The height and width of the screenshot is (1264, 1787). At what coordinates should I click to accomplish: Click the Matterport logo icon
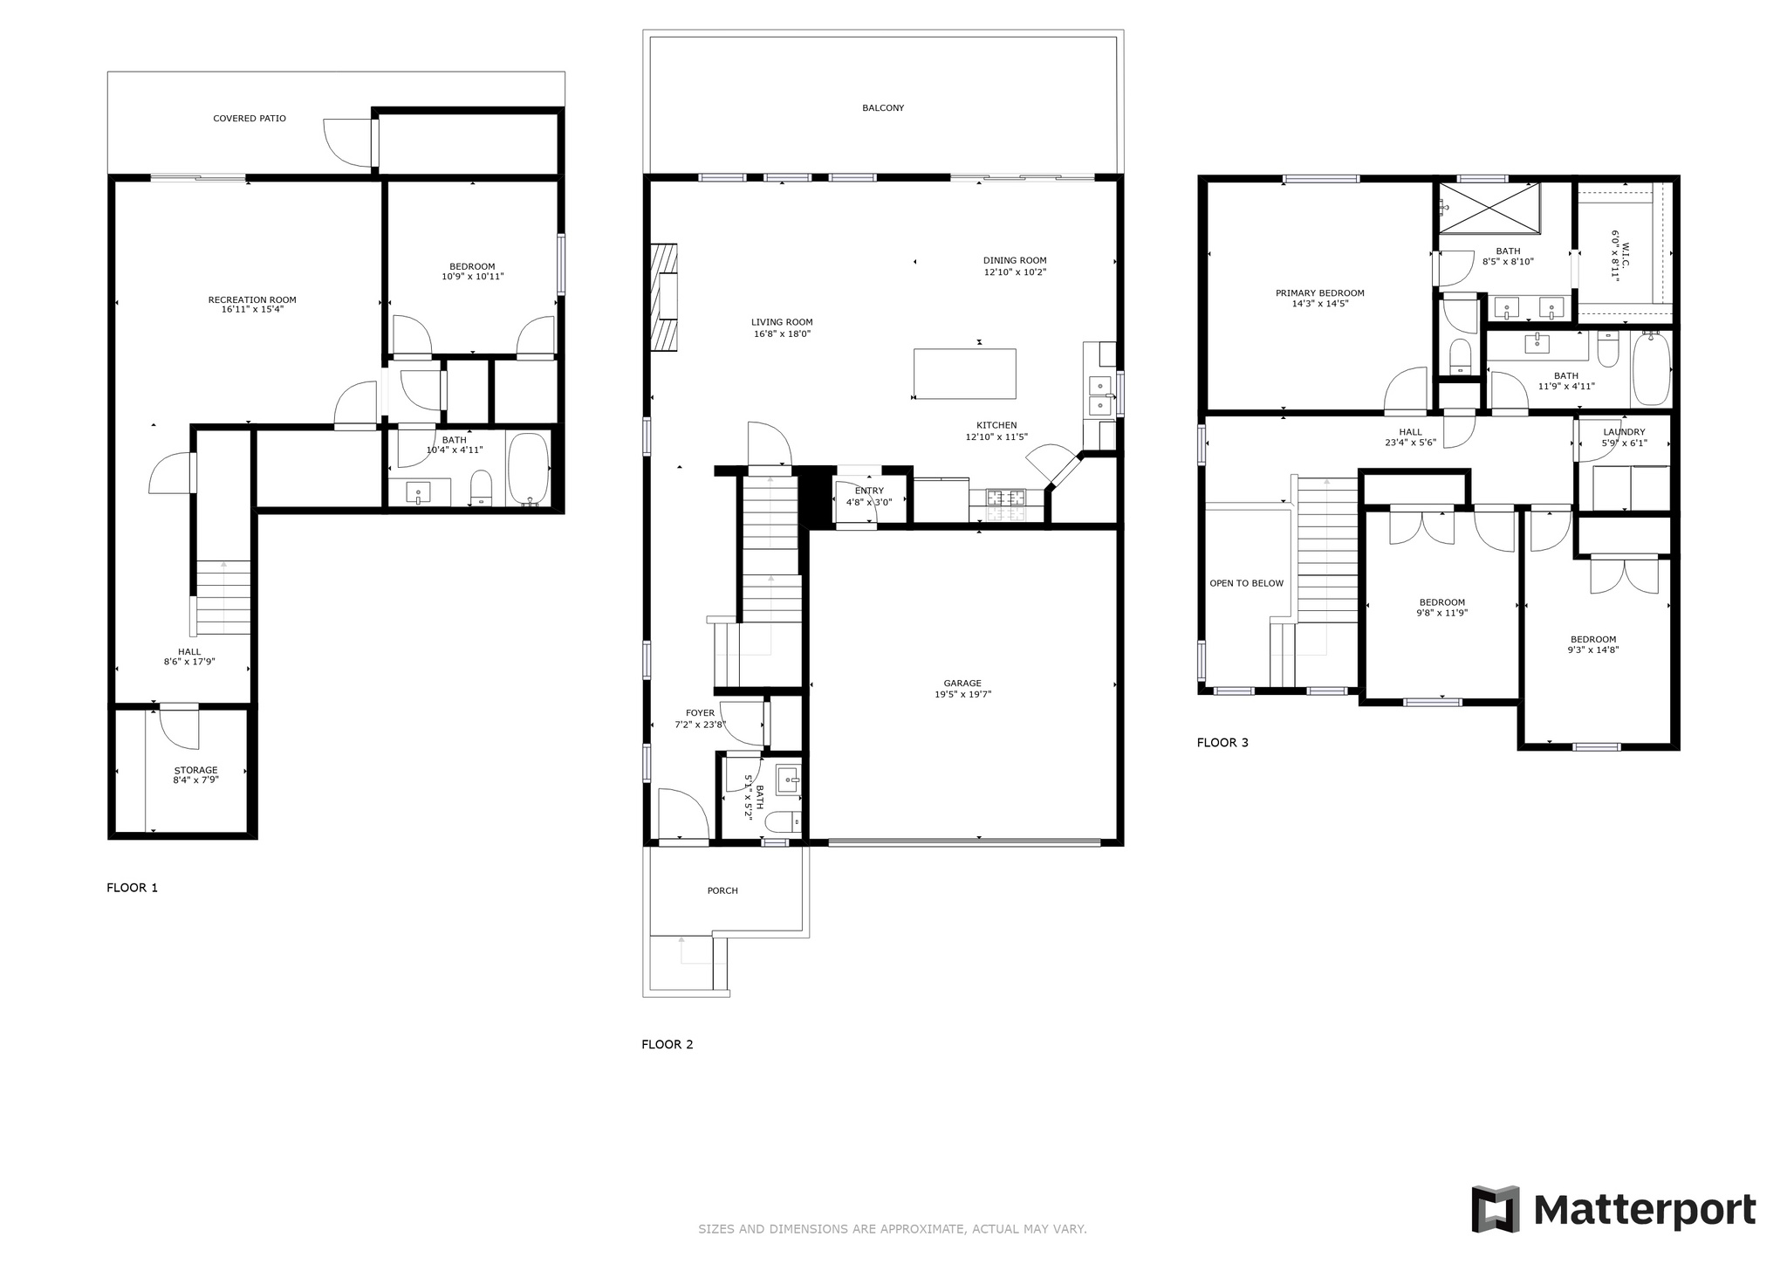coord(1496,1209)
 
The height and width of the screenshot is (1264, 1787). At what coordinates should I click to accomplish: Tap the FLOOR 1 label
coord(133,888)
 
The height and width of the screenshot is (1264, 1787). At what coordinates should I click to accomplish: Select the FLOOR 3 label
coord(1222,743)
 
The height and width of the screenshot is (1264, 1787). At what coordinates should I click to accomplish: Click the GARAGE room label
coord(962,684)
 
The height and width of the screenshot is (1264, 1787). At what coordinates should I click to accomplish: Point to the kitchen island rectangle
coord(965,374)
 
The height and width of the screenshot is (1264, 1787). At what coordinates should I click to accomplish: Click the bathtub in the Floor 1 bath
coord(529,469)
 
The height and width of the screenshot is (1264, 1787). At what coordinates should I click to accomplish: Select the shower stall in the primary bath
coord(1489,209)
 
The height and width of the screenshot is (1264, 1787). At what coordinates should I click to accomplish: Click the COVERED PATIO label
coord(250,119)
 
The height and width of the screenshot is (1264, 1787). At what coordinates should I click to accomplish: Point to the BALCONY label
coord(883,108)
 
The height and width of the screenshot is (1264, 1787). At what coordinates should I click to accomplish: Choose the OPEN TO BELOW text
coord(1247,583)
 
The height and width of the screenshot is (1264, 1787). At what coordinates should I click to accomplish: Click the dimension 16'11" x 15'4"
coord(253,309)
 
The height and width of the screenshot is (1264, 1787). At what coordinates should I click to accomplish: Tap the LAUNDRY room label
coord(1625,432)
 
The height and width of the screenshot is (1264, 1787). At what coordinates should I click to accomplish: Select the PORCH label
coord(722,891)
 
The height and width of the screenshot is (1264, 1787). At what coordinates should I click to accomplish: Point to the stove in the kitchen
coord(1006,498)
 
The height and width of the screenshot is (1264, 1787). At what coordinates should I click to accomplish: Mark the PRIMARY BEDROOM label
coord(1320,293)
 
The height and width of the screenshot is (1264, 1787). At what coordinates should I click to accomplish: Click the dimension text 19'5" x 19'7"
coord(962,695)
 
